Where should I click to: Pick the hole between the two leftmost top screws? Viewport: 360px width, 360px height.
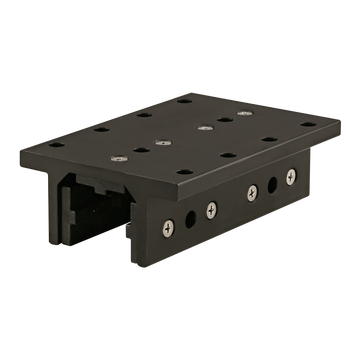[137, 149]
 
